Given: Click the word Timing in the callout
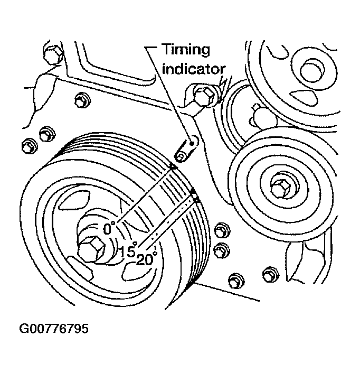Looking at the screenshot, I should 185,50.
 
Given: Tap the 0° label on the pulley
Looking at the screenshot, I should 109,229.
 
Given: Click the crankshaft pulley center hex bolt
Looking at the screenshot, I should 94,248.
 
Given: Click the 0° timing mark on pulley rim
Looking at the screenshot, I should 173,167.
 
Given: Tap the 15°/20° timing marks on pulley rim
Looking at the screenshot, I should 194,196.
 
